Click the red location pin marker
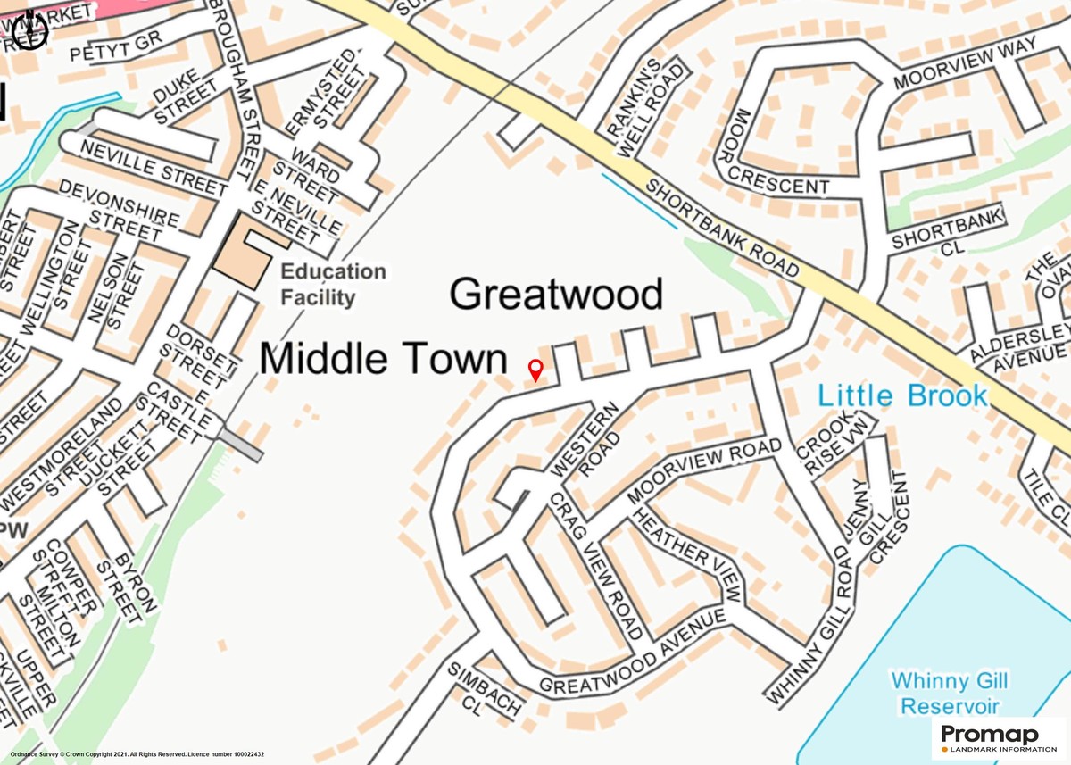pos(535,370)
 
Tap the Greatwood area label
pos(556,294)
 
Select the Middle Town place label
pos(383,359)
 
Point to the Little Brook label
pos(903,395)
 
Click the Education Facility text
pos(334,284)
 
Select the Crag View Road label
pos(595,564)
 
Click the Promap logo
pos(996,739)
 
